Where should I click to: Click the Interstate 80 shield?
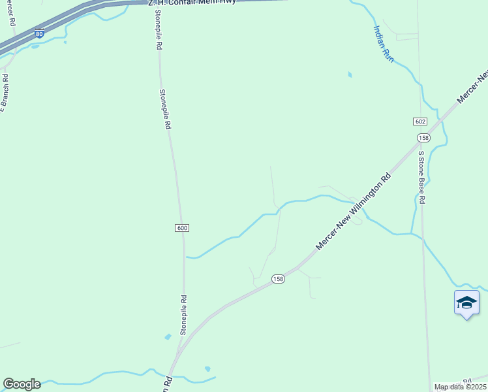point(40,33)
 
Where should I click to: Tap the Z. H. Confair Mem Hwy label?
point(192,2)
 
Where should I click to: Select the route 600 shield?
point(182,227)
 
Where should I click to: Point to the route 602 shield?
point(419,122)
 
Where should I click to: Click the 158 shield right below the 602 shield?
point(423,138)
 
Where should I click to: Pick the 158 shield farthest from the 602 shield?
point(279,279)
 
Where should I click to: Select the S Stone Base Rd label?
point(421,178)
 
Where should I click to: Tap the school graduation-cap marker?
point(466,303)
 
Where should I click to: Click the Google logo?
point(22,384)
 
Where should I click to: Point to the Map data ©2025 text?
point(460,387)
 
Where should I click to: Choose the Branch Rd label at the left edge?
point(4,92)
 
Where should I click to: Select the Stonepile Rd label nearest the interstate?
point(159,33)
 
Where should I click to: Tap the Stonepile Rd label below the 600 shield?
point(183,316)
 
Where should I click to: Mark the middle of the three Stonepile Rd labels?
point(164,109)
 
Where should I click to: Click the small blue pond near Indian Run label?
point(350,74)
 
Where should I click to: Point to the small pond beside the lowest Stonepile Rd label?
point(168,336)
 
